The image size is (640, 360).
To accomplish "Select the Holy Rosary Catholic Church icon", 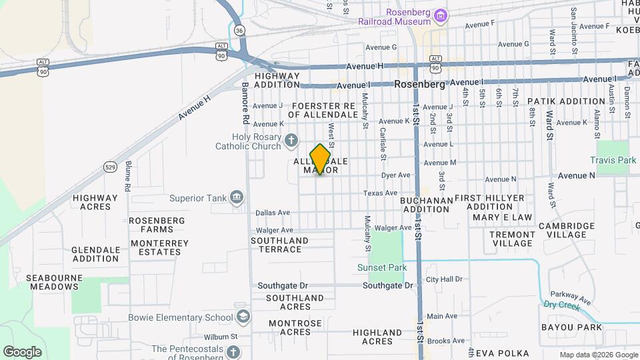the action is [x=291, y=141].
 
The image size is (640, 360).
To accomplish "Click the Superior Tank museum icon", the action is [x=236, y=197].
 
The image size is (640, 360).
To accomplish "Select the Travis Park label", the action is [x=613, y=161].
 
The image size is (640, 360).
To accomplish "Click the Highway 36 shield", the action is [x=239, y=31].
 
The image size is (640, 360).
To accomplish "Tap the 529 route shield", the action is [x=111, y=167].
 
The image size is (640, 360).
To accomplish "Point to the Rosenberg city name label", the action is [x=419, y=85].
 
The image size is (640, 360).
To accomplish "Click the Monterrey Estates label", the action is [x=159, y=247].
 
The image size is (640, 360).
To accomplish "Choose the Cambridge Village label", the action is [x=567, y=230].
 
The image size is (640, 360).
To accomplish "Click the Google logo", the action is [x=22, y=351].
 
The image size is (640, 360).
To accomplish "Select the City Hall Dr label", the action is [x=444, y=279].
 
